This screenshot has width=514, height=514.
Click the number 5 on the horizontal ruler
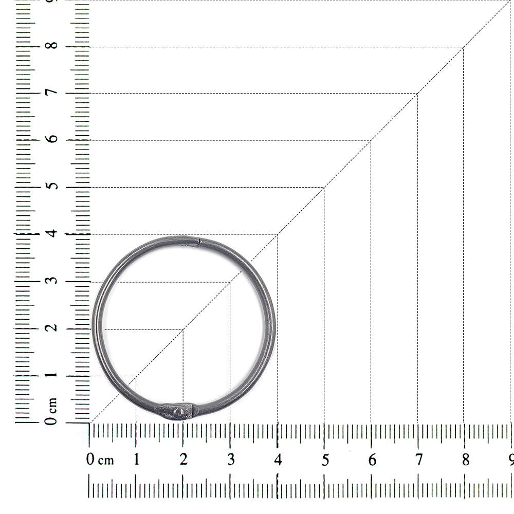coord(325,460)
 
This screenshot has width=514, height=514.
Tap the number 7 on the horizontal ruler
coord(418,460)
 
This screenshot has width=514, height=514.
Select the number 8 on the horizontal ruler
coord(466,460)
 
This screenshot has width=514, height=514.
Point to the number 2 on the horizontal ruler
coord(183,459)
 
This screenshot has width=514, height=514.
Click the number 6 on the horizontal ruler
coord(372,460)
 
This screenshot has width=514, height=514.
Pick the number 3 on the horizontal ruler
coord(231,460)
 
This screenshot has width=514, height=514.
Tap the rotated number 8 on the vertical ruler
coord(52,45)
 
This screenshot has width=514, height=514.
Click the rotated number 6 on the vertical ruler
coord(52,138)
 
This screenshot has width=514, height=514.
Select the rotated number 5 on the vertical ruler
coord(52,186)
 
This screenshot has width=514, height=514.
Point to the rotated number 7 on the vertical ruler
coord(52,92)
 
